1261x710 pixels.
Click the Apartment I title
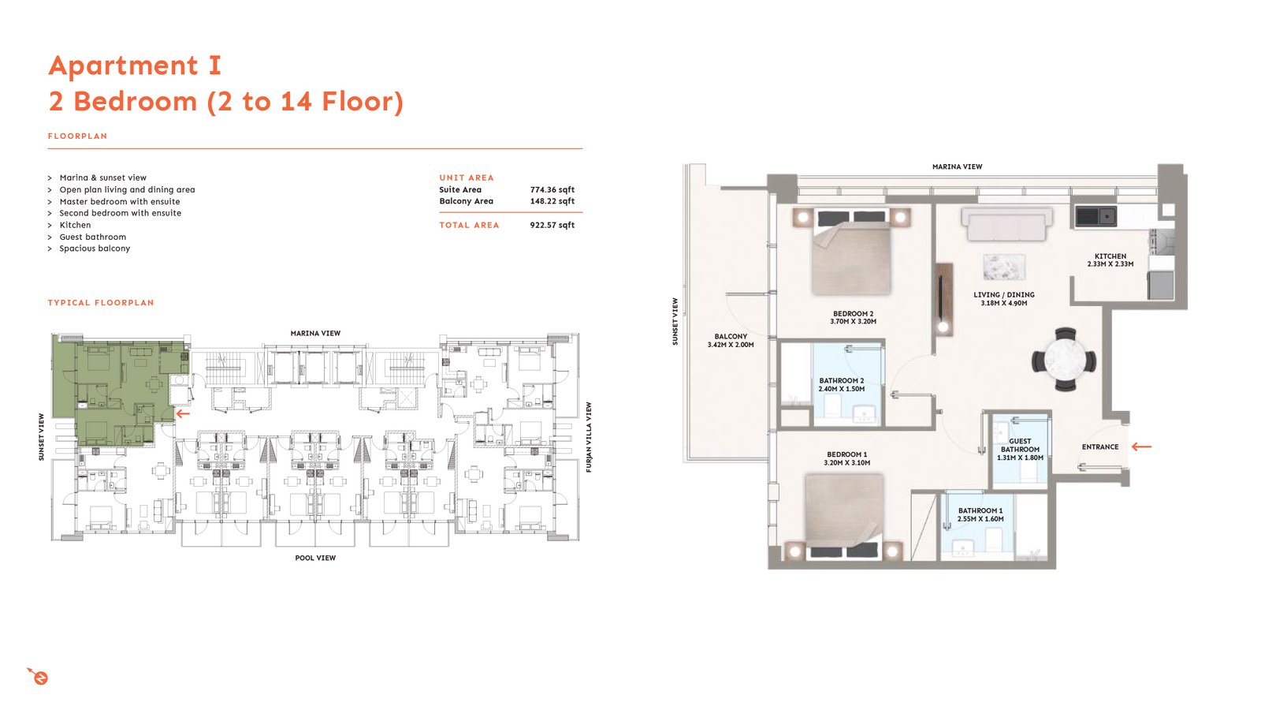pyautogui.click(x=135, y=65)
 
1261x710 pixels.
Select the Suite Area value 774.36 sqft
pyautogui.click(x=552, y=190)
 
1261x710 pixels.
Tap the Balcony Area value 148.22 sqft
pyautogui.click(x=552, y=201)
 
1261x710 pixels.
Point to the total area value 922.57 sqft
pyautogui.click(x=552, y=225)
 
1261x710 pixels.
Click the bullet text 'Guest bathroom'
pyautogui.click(x=93, y=237)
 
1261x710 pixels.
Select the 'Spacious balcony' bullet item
pyautogui.click(x=95, y=248)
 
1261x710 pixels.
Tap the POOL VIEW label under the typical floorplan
pyautogui.click(x=315, y=558)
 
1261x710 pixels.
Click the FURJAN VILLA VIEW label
pyautogui.click(x=589, y=437)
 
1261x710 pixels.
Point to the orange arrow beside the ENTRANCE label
pyautogui.click(x=1142, y=447)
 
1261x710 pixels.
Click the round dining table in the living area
pyautogui.click(x=1064, y=360)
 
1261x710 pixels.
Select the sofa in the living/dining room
pyautogui.click(x=1006, y=224)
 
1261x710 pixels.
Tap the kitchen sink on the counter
pyautogui.click(x=1095, y=216)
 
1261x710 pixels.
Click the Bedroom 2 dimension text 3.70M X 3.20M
pyautogui.click(x=853, y=322)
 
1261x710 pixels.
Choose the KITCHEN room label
pyautogui.click(x=1110, y=256)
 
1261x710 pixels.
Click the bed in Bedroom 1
pyautogui.click(x=843, y=517)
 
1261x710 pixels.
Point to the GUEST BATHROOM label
pyautogui.click(x=1020, y=445)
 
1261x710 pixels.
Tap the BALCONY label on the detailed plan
pyautogui.click(x=731, y=336)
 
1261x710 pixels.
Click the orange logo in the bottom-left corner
pyautogui.click(x=39, y=676)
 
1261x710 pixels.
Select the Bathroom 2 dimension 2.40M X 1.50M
pyautogui.click(x=842, y=389)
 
